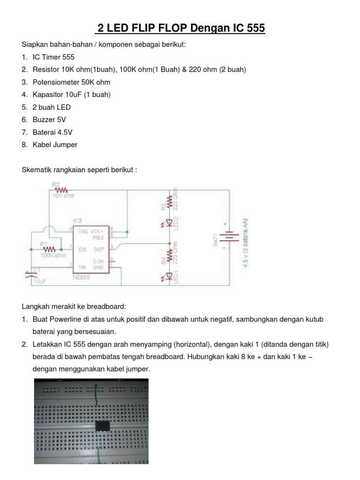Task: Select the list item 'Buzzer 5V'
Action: pos(51,120)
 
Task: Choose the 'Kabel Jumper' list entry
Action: pos(55,145)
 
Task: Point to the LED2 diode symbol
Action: pos(169,225)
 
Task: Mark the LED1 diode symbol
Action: pos(169,278)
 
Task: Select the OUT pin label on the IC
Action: pos(99,250)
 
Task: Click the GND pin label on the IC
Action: pos(98,267)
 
